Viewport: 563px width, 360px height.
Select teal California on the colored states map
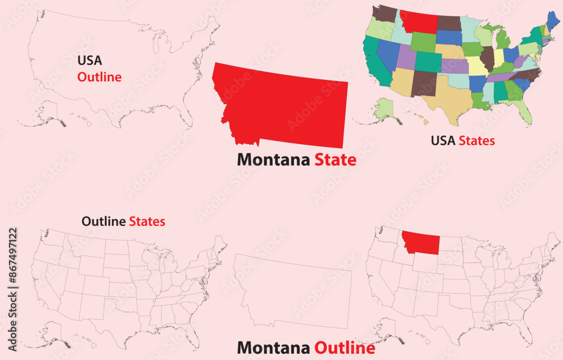coord(372,59)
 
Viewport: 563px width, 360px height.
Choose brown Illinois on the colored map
coord(488,56)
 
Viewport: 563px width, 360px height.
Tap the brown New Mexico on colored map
coord(423,83)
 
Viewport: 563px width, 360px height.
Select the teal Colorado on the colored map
coord(428,62)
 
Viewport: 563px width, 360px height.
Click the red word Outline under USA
coord(99,77)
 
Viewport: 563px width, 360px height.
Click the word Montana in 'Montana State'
coord(272,160)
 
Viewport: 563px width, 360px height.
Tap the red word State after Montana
coord(335,160)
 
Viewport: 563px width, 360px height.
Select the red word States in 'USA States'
coord(477,140)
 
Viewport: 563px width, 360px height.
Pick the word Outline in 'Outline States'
coord(104,221)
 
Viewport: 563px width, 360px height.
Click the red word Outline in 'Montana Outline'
coord(345,348)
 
